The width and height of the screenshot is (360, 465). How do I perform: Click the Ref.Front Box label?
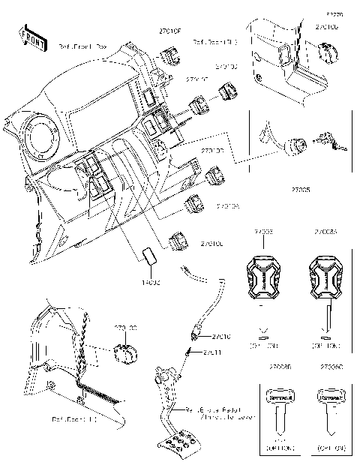click(x=82, y=46)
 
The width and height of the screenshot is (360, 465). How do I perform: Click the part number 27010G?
click(x=326, y=28)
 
